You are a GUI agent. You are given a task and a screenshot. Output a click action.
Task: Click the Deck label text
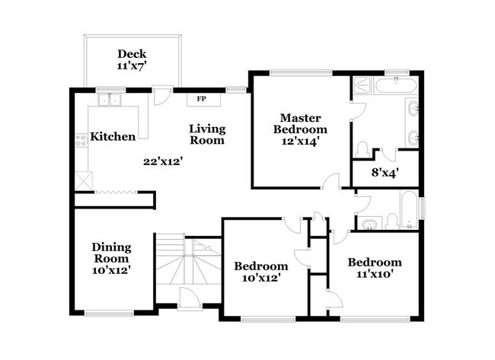point(131,54)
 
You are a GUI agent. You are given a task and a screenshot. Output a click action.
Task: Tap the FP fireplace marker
point(202,99)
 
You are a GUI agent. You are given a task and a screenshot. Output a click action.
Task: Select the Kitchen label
point(113,137)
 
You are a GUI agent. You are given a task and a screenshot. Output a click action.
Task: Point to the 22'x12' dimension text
point(163,161)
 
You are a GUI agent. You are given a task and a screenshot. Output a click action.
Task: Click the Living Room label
point(207,134)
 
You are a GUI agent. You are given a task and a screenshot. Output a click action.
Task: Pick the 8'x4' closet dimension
point(385,173)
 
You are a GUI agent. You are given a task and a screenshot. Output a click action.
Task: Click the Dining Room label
point(111,253)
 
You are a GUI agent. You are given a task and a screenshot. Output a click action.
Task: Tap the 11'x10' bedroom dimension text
point(374,275)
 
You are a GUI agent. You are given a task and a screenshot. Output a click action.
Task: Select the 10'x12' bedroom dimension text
point(260,279)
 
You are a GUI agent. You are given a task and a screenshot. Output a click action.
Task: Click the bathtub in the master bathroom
point(394,85)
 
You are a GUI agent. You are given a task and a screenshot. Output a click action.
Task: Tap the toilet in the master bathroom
point(363,148)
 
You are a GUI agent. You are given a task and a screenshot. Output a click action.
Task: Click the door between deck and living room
point(161,97)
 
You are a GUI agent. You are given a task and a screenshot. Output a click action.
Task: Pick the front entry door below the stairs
point(189,299)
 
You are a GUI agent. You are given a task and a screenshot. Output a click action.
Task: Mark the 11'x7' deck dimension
point(131,66)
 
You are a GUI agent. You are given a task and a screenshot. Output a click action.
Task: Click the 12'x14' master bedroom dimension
point(299,141)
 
